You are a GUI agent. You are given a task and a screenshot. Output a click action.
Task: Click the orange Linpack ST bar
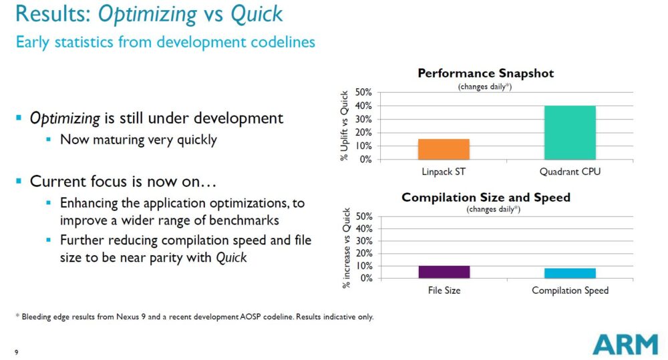click(x=444, y=149)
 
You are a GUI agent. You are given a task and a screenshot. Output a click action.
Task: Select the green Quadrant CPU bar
click(x=570, y=132)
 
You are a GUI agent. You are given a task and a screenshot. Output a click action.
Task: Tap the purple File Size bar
click(x=444, y=272)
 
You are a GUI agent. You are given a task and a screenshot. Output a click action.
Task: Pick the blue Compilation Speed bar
click(x=570, y=273)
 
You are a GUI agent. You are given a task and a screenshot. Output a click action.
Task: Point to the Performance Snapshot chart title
click(x=486, y=73)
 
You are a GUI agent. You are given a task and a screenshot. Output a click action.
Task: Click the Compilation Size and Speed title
click(x=486, y=197)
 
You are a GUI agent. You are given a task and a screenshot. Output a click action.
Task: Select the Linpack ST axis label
click(x=444, y=172)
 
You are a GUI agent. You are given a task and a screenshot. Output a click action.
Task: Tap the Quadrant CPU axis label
click(x=570, y=172)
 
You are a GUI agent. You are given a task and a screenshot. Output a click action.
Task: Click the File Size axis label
click(x=444, y=291)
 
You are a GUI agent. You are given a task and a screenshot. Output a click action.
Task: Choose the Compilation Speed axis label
click(x=570, y=291)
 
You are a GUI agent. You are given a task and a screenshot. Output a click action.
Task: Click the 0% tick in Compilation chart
click(x=365, y=278)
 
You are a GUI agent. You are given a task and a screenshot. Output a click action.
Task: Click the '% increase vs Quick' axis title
click(x=346, y=248)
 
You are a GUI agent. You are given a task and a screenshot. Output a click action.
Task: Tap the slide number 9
click(x=16, y=352)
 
